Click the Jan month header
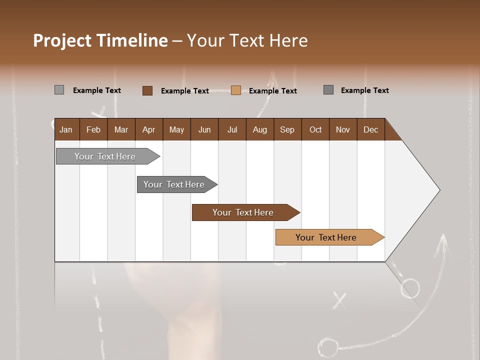tap(66, 130)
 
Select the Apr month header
tap(148, 130)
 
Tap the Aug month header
tap(259, 130)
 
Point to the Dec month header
tap(370, 130)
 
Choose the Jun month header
tap(204, 130)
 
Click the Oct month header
tap(315, 130)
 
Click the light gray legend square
tap(59, 90)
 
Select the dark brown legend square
tap(147, 90)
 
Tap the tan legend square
tap(236, 90)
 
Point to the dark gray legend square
tap(328, 90)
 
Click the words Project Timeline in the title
tap(100, 40)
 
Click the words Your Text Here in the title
tap(247, 40)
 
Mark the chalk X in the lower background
tap(339, 300)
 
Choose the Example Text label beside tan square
tap(272, 91)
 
